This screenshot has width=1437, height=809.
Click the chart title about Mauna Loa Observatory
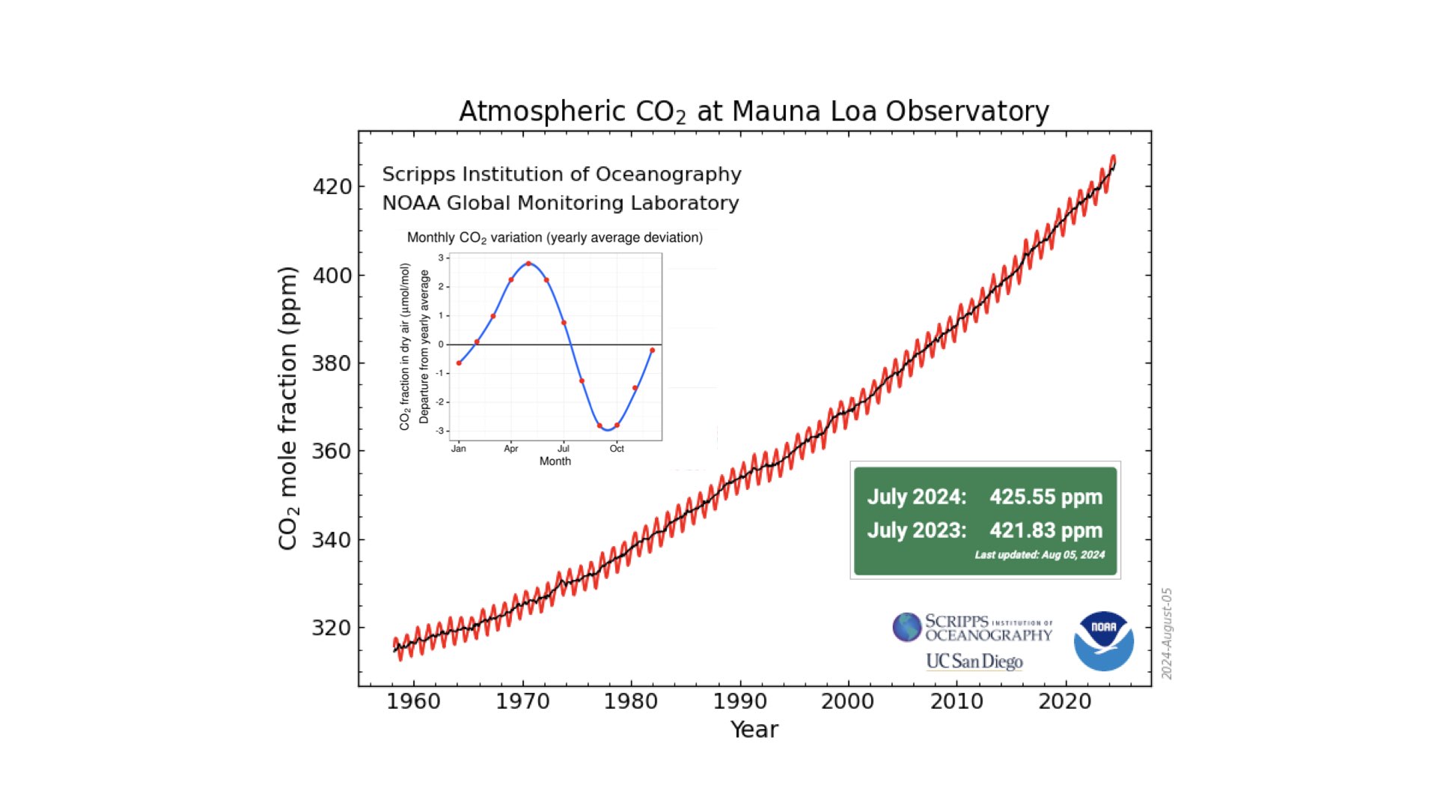[754, 112]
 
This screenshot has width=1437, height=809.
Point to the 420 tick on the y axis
[332, 187]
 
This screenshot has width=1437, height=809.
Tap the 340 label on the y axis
[332, 540]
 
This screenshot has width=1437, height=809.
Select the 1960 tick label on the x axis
[414, 702]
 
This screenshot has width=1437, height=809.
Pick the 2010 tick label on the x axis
[957, 702]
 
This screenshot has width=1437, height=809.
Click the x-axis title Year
[754, 730]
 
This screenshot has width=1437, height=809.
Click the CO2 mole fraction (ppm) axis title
[288, 408]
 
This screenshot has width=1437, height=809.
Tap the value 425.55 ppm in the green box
[1046, 497]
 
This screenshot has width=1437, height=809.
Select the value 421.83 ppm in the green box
[1046, 530]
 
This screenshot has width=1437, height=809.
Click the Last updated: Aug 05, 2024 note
[1040, 555]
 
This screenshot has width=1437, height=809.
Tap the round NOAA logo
[1103, 641]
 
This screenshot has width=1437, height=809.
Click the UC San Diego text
[974, 661]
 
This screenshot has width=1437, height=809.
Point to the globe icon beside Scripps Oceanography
[906, 627]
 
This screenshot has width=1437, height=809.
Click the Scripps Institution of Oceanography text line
[561, 175]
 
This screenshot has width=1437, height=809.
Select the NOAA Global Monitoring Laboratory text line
[561, 203]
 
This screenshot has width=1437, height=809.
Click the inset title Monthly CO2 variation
[555, 237]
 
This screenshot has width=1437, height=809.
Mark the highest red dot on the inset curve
[528, 264]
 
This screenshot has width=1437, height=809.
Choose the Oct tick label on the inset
[617, 449]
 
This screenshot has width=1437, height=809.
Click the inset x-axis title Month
[555, 461]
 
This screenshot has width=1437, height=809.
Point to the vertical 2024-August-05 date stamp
[1167, 634]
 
